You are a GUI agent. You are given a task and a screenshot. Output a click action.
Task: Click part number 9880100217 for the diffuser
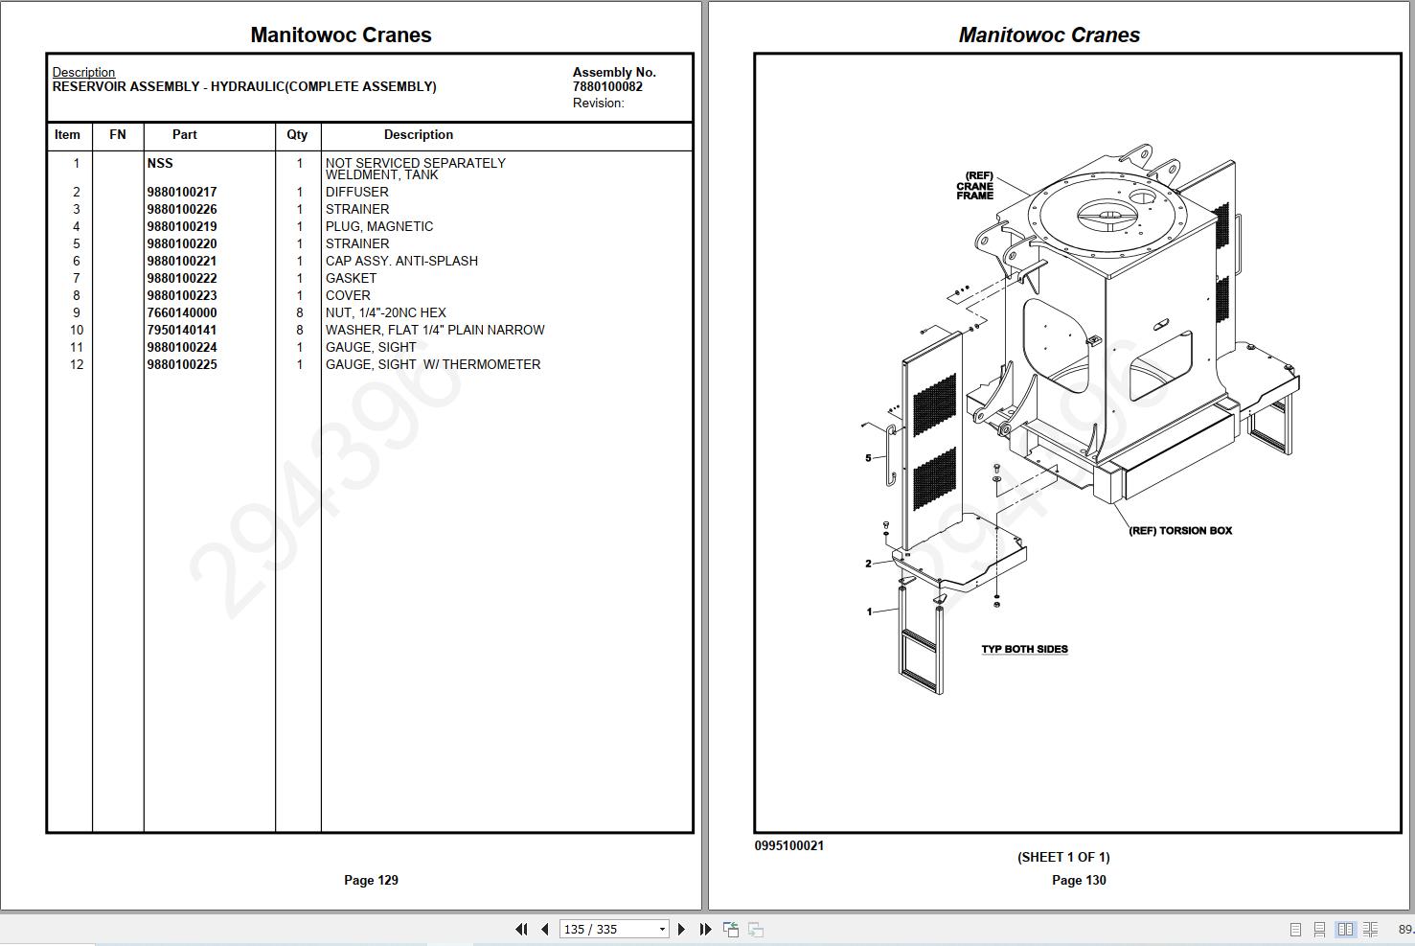pyautogui.click(x=182, y=192)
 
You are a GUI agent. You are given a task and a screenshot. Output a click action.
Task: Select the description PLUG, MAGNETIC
pyautogui.click(x=379, y=226)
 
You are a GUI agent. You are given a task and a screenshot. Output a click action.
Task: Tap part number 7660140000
pyautogui.click(x=182, y=312)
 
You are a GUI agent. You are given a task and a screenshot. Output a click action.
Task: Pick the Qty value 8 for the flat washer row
pyautogui.click(x=299, y=330)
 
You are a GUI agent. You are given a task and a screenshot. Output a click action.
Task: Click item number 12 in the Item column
pyautogui.click(x=77, y=364)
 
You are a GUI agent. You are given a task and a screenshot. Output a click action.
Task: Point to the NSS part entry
pyautogui.click(x=160, y=163)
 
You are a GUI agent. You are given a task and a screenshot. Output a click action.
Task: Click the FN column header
pyautogui.click(x=118, y=134)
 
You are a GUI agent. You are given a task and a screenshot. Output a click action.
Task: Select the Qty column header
pyautogui.click(x=297, y=134)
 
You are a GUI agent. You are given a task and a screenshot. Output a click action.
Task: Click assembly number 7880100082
pyautogui.click(x=607, y=86)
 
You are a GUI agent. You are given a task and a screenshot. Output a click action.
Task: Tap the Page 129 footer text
pyautogui.click(x=371, y=880)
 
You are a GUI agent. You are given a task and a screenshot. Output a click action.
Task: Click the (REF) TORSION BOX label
pyautogui.click(x=1180, y=530)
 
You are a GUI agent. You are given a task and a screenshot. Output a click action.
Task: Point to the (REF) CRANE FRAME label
pyautogui.click(x=975, y=186)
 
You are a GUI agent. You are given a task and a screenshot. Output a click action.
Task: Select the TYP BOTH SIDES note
pyautogui.click(x=1024, y=649)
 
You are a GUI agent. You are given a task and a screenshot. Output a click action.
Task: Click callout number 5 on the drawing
pyautogui.click(x=868, y=458)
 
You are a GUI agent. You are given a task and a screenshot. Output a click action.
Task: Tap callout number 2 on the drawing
pyautogui.click(x=868, y=564)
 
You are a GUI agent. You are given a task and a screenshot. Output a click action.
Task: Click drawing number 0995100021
pyautogui.click(x=788, y=845)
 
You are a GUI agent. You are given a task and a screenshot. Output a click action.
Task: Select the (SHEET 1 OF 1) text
pyautogui.click(x=1063, y=857)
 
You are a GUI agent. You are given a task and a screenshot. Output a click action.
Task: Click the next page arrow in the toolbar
pyautogui.click(x=681, y=929)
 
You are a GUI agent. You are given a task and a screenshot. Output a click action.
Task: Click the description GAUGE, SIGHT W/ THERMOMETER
pyautogui.click(x=433, y=364)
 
